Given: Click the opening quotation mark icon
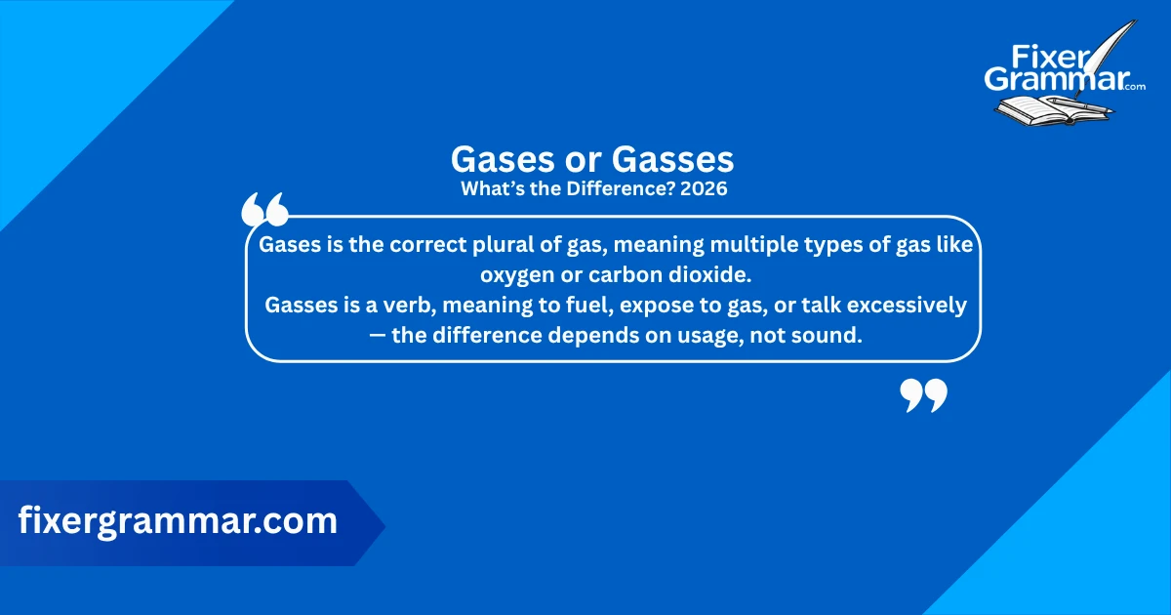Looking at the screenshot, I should coord(263,210).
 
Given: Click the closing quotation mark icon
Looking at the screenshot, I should coord(922,395).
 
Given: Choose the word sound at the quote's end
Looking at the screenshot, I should coord(831,336).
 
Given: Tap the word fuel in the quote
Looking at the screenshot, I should coord(565,306).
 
